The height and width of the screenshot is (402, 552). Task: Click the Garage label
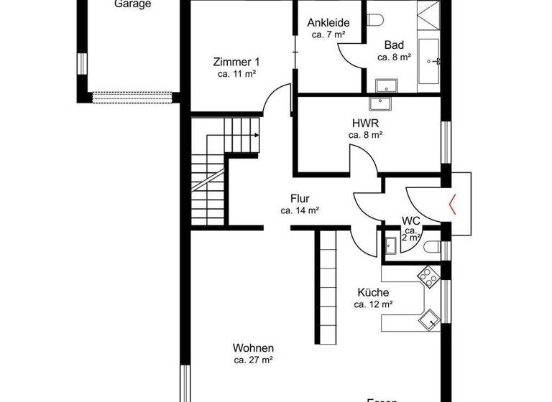133,4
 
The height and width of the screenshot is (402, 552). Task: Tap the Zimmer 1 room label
236,61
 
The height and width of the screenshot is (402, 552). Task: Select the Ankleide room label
328,22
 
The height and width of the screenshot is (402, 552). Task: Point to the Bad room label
395,44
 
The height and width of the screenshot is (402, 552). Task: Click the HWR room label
366,122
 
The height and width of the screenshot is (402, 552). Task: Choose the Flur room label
300,199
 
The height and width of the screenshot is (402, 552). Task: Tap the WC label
411,220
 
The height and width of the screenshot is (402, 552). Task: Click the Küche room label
373,292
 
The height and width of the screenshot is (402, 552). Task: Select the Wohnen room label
252,347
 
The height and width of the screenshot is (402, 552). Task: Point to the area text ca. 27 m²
252,360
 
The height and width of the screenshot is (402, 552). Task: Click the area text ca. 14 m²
300,211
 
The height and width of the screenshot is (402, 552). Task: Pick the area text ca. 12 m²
373,304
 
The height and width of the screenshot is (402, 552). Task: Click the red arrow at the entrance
454,205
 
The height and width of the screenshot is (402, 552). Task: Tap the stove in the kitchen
428,275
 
